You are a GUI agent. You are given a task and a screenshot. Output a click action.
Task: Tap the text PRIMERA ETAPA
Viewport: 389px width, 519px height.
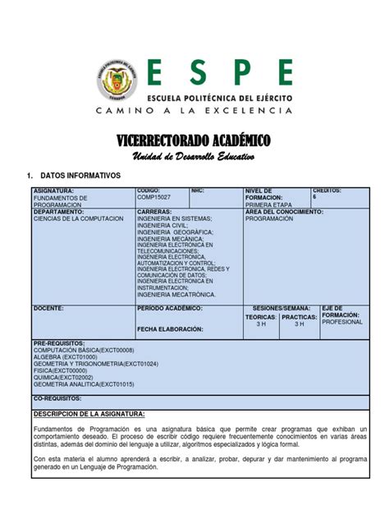pyautogui.click(x=268, y=205)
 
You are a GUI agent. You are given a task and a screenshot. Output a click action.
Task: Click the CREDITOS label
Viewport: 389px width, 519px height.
pyautogui.click(x=327, y=191)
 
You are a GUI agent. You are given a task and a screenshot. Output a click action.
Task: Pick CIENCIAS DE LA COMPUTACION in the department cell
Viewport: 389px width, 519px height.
pyautogui.click(x=78, y=219)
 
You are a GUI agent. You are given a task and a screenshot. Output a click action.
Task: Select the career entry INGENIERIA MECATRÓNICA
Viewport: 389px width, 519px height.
pyautogui.click(x=176, y=294)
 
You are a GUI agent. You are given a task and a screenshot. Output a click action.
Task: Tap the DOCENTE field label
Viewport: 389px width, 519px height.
pyautogui.click(x=48, y=307)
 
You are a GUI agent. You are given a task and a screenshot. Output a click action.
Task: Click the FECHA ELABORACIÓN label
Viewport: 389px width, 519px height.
pyautogui.click(x=170, y=328)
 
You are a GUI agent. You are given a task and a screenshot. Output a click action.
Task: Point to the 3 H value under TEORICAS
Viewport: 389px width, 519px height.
pyautogui.click(x=261, y=324)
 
